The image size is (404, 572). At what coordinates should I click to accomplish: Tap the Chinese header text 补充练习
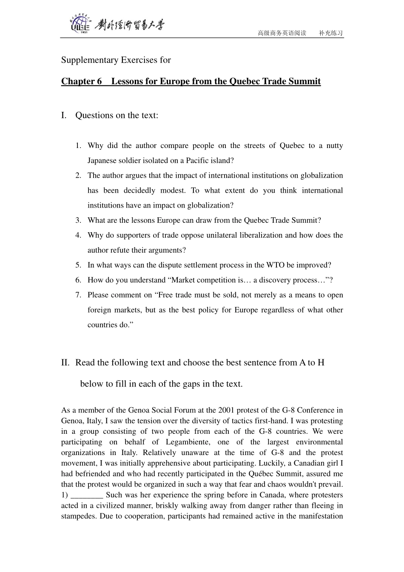tap(331, 33)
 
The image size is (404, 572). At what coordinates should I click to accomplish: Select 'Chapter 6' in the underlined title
tap(82, 81)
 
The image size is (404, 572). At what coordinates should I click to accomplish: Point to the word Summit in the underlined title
tap(305, 81)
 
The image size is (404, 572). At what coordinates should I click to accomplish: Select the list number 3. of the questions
tap(78, 220)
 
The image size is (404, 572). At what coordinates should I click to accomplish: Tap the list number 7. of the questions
tap(78, 295)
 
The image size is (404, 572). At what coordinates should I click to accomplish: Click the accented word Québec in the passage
tap(250, 474)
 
